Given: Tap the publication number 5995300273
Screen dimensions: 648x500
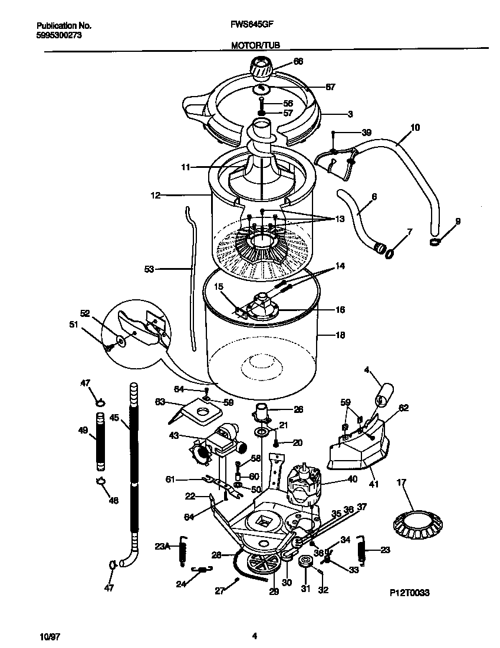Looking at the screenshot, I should point(59,35).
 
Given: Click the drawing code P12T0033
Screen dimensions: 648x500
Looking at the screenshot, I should point(410,593).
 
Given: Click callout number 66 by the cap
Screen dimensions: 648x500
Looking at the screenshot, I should point(298,61).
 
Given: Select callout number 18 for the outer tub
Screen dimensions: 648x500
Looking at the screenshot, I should point(340,335).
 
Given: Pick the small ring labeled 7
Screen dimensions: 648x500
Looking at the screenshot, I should point(389,253).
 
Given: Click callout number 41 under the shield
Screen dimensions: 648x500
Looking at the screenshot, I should point(373,484).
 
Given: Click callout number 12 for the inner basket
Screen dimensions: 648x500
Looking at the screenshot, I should point(155,195).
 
